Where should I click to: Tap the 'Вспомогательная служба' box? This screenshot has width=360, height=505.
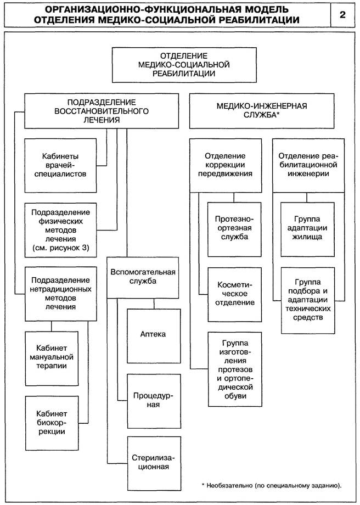(x=143, y=277)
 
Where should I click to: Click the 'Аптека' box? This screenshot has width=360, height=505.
(x=153, y=334)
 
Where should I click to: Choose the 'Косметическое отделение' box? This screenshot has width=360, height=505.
(x=231, y=294)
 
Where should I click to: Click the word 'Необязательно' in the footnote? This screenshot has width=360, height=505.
(x=230, y=486)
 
